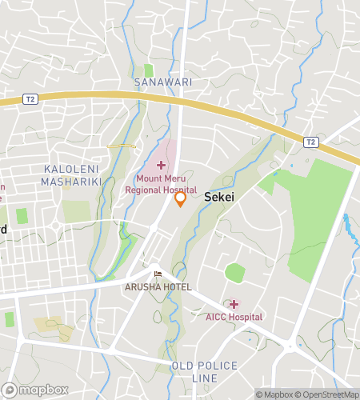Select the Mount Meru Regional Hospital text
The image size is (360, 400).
(160, 185)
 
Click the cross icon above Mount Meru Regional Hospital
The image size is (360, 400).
(160, 164)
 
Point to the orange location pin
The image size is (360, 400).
(181, 198)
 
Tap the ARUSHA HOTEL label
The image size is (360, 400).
(157, 286)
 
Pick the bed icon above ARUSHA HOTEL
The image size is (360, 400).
(158, 274)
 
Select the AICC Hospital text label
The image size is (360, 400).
(234, 318)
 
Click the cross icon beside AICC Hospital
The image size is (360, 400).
(234, 304)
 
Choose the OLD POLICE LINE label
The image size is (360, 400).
(205, 371)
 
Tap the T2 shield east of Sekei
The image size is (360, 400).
(312, 142)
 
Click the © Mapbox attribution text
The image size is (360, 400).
(273, 394)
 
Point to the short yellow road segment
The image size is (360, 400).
(120, 146)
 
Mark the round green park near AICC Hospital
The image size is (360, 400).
(234, 273)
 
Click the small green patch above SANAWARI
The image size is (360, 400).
(149, 70)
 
